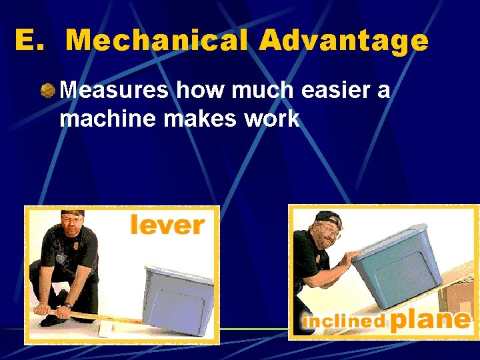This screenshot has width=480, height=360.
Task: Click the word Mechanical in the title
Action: pos(157,41)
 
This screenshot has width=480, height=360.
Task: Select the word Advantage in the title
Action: pos(344,41)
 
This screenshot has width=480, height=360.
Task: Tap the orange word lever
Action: pos(167,225)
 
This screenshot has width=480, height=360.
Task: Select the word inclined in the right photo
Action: pos(344,321)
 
